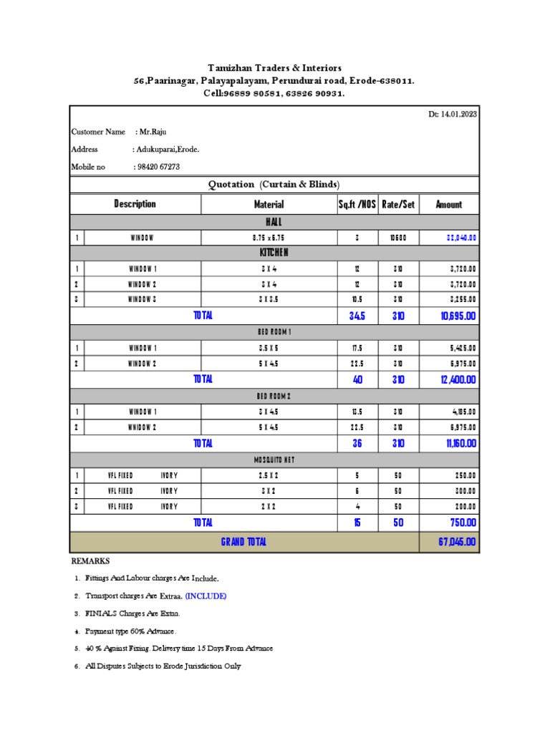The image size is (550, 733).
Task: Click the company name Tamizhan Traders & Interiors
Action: pyautogui.click(x=275, y=68)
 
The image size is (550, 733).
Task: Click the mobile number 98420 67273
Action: pyautogui.click(x=157, y=167)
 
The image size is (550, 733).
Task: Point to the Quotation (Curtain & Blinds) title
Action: pyautogui.click(x=274, y=185)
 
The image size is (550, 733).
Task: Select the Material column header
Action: pyautogui.click(x=269, y=205)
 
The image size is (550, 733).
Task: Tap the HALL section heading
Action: pyautogui.click(x=274, y=222)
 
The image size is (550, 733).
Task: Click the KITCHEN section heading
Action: pyautogui.click(x=274, y=253)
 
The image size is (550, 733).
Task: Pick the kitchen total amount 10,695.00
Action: pyautogui.click(x=453, y=316)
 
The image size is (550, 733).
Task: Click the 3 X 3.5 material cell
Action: pyautogui.click(x=269, y=300)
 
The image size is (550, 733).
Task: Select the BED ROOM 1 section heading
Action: pyautogui.click(x=274, y=332)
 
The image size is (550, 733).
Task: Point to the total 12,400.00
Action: pyautogui.click(x=453, y=380)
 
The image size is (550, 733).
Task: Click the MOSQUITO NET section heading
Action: pyautogui.click(x=274, y=460)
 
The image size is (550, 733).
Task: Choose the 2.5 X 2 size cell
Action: pyautogui.click(x=269, y=475)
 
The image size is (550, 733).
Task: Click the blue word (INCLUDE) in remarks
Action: pyautogui.click(x=206, y=596)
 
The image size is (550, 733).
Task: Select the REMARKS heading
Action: pyautogui.click(x=90, y=560)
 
